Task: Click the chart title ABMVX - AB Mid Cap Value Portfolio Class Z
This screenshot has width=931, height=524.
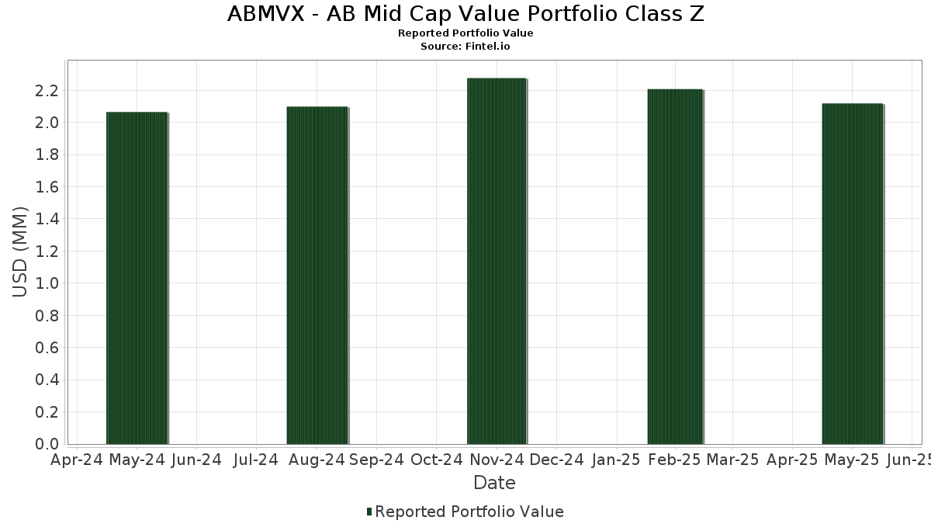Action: pos(465,14)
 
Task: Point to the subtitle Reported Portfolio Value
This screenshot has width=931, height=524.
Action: pos(465,33)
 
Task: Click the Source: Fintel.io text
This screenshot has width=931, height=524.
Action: pos(465,47)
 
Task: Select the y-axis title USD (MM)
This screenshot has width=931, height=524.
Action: pos(21,252)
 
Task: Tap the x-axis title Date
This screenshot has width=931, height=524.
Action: pos(494,483)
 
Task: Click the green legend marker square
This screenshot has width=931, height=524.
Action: pos(369,512)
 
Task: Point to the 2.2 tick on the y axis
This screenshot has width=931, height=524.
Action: pos(47,91)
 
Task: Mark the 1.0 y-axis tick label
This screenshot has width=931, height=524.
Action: pos(47,283)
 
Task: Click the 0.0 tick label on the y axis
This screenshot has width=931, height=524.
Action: pos(47,444)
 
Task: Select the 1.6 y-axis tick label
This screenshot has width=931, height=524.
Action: pos(47,187)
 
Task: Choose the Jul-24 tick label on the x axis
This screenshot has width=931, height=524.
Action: pos(255,460)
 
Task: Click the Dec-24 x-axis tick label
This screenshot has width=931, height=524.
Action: pos(558,460)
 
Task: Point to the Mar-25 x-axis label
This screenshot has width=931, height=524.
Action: pos(732,460)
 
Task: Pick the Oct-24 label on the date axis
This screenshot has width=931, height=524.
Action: pos(437,460)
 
